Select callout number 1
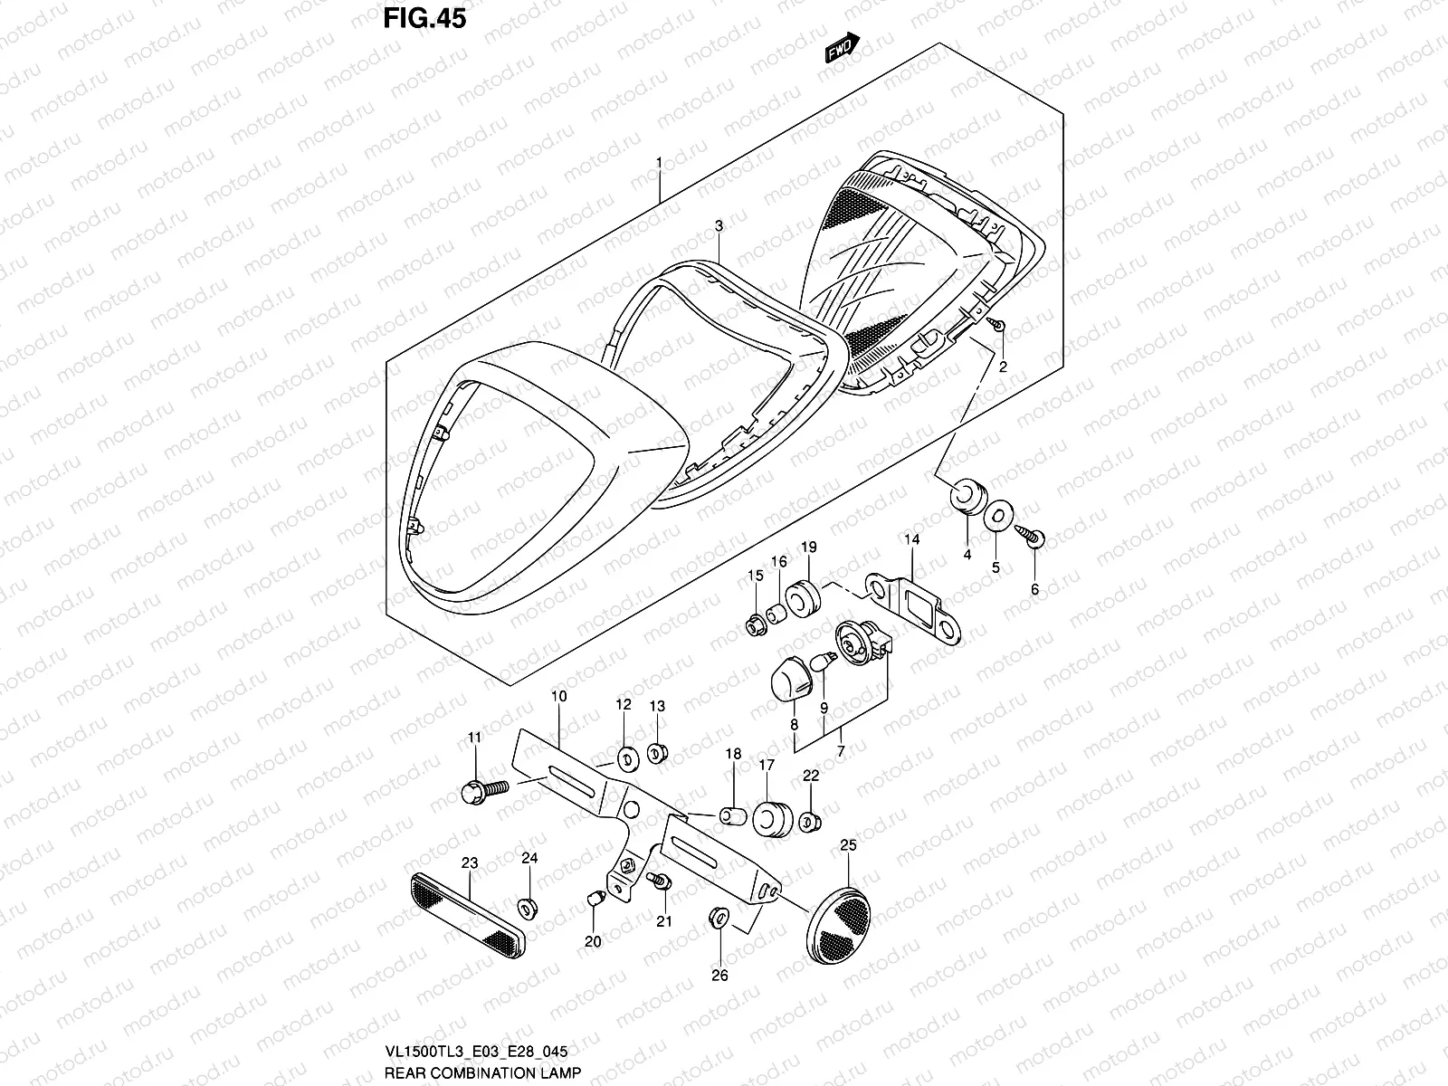click(660, 163)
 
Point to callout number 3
click(719, 225)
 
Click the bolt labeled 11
click(477, 794)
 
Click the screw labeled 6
click(1033, 537)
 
